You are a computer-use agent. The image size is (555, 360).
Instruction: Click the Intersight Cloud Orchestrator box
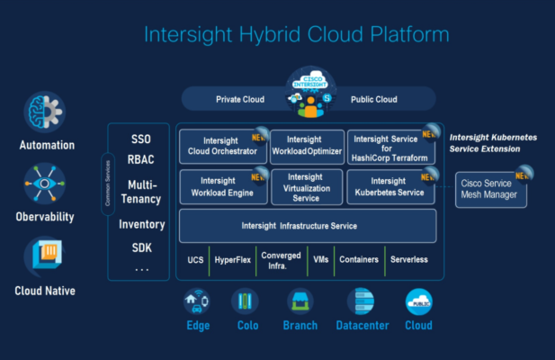(x=220, y=145)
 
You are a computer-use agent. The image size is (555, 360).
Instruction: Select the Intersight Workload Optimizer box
(x=305, y=145)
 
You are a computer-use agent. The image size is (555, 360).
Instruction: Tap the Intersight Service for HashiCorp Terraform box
(x=391, y=145)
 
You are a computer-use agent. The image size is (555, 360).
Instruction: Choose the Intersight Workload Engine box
(x=220, y=185)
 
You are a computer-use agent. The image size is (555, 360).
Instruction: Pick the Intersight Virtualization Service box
(x=305, y=185)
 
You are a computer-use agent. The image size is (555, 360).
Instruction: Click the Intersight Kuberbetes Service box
(x=390, y=185)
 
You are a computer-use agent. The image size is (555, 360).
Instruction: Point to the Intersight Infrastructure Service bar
(x=307, y=225)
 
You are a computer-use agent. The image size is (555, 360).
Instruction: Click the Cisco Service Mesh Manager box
(x=490, y=188)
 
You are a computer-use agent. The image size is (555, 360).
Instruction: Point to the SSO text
(x=141, y=139)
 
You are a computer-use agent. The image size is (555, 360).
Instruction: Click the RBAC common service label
(x=141, y=160)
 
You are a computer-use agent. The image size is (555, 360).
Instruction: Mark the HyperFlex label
(x=231, y=260)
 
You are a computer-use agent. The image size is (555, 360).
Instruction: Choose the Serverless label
(x=408, y=260)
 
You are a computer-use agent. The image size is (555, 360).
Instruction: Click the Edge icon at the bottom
(x=197, y=301)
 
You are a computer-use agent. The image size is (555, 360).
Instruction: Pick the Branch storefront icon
(x=300, y=301)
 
